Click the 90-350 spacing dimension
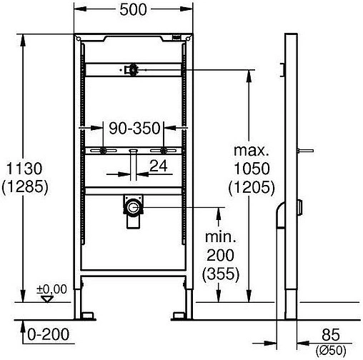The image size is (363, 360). click(134, 128)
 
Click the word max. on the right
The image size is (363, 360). click(253, 151)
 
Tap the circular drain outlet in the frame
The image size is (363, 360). click(133, 209)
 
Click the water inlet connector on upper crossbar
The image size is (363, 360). click(133, 69)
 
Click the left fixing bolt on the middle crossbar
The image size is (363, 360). click(105, 151)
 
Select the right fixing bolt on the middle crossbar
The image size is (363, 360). click(164, 151)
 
